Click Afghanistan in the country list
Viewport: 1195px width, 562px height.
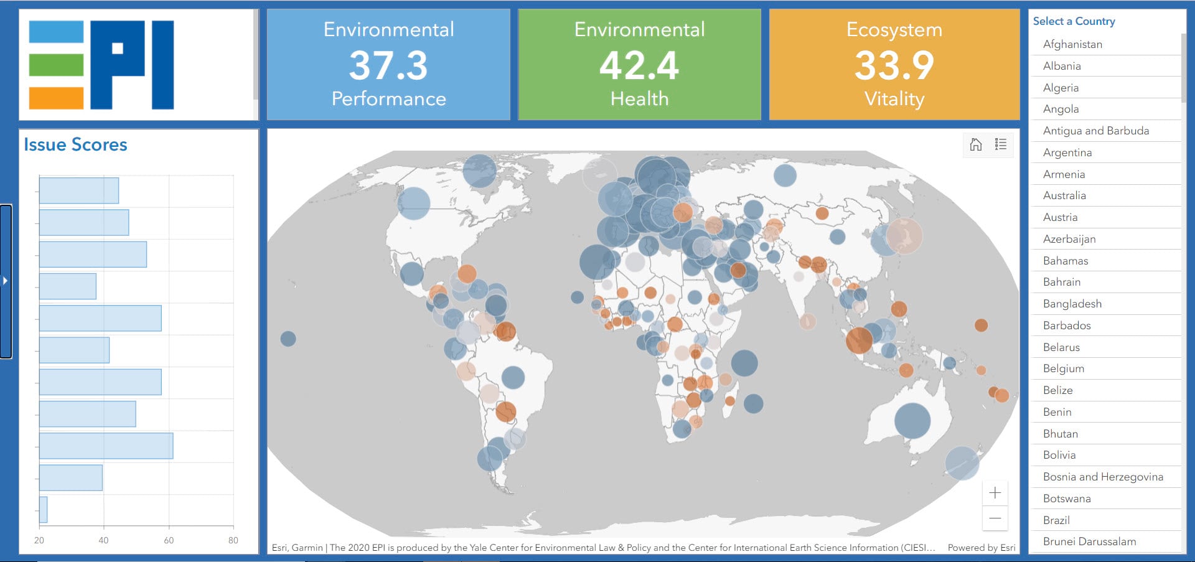click(1072, 44)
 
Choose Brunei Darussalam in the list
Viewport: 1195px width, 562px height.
click(1089, 541)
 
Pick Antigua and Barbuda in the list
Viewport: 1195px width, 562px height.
click(1095, 131)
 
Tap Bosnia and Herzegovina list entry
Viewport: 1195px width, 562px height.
click(1102, 477)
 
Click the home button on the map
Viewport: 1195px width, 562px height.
click(975, 144)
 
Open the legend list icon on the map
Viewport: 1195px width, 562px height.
click(1001, 144)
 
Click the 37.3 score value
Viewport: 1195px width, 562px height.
click(388, 65)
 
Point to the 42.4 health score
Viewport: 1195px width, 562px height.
click(639, 65)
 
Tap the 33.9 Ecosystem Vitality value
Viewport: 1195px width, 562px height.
click(894, 65)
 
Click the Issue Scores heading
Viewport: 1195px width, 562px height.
click(75, 144)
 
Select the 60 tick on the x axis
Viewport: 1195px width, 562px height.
click(169, 540)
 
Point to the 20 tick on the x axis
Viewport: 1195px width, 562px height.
click(39, 540)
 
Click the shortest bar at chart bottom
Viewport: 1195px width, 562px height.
click(44, 510)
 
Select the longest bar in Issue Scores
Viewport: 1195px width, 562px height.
click(106, 446)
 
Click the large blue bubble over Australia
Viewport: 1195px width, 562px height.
click(912, 421)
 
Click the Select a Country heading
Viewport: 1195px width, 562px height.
click(1074, 21)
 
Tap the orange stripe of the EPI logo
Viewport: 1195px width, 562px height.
click(56, 98)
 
